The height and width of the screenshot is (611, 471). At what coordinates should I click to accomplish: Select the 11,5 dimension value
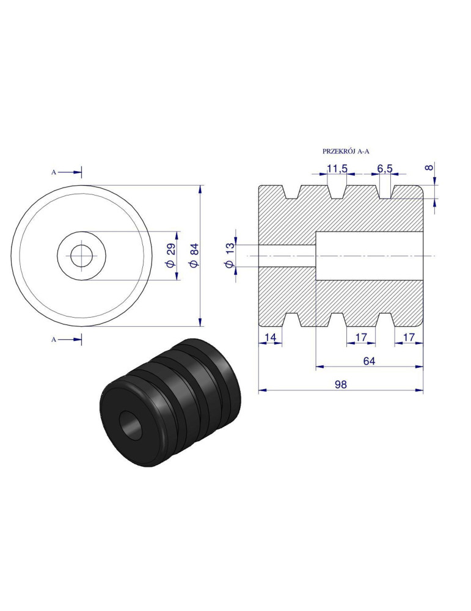[337, 168]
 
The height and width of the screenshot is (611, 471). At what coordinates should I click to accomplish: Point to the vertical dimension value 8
[429, 167]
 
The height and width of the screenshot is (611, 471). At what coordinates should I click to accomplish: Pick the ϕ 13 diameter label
[230, 255]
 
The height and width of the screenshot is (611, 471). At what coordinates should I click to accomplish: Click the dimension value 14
[270, 337]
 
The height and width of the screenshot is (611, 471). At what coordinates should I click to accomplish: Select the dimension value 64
[369, 361]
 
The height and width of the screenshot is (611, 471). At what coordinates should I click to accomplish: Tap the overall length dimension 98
[340, 384]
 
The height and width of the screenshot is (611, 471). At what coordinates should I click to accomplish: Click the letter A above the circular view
[54, 173]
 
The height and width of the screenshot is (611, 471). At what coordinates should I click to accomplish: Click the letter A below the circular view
[54, 339]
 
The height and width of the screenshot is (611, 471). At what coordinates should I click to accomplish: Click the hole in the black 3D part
[131, 425]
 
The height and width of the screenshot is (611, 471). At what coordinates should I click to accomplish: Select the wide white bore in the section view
[369, 255]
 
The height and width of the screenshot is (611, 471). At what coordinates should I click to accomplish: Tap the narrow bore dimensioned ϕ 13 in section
[287, 255]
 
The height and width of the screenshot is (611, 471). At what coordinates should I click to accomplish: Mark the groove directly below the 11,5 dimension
[338, 190]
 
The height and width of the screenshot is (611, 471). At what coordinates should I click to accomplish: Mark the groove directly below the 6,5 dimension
[384, 190]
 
